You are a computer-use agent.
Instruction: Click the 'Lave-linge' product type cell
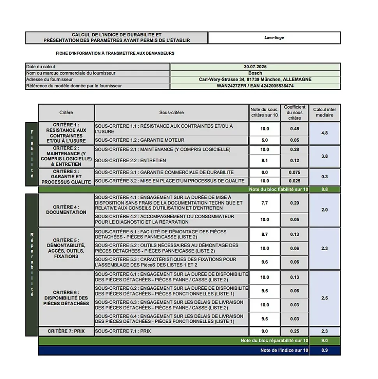(274, 38)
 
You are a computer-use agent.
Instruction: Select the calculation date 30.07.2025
(255, 67)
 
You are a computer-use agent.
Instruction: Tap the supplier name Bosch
(255, 73)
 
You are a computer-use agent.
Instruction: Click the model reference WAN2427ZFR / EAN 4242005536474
(255, 86)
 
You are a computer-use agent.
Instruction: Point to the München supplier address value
(255, 80)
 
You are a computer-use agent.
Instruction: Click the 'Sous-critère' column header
(171, 112)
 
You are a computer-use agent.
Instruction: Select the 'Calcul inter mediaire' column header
(324, 112)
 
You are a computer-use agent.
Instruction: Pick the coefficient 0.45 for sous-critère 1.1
(295, 129)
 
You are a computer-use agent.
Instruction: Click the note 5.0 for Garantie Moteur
(265, 140)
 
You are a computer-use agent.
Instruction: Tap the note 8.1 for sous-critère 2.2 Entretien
(265, 160)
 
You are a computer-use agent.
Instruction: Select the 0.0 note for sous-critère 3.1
(265, 173)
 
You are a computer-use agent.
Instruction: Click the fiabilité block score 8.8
(324, 190)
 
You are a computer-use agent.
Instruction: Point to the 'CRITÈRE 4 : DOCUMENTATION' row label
(66, 210)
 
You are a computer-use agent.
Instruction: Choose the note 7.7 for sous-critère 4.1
(265, 203)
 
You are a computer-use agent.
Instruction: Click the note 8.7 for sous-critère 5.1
(265, 234)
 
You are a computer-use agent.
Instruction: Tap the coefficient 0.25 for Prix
(295, 331)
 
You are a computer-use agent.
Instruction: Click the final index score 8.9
(324, 351)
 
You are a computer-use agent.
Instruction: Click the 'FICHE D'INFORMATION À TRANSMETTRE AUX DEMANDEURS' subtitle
(115, 53)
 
